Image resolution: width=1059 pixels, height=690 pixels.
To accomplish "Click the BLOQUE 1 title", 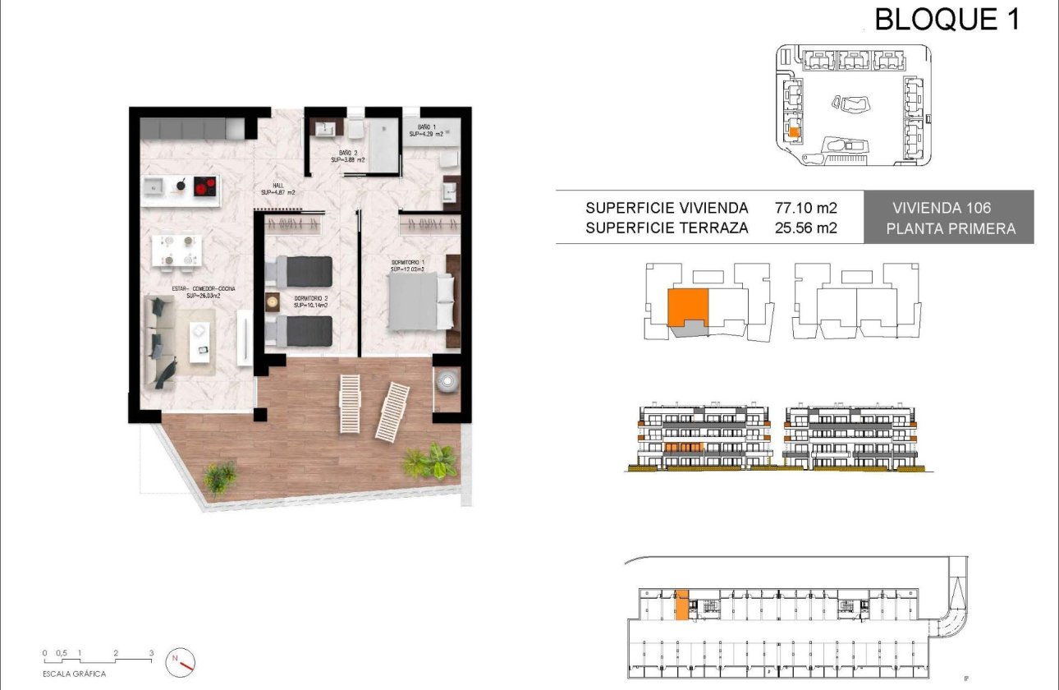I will pos(947,18).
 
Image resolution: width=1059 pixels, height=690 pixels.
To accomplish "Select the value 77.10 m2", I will pos(806,208).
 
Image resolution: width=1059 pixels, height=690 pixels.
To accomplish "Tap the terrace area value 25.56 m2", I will pos(806,228).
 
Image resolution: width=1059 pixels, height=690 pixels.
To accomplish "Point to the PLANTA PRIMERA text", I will pos(950,229).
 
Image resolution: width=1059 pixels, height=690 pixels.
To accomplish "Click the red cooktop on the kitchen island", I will pos(205,187).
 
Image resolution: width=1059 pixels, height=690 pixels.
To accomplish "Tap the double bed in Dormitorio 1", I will pos(420,301).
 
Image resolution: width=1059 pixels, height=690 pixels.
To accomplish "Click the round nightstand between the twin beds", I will pos(273,302).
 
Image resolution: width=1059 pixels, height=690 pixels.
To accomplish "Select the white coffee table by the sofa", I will pos(199,340).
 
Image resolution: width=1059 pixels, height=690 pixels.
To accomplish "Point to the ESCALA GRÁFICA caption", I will pos(76,674).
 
